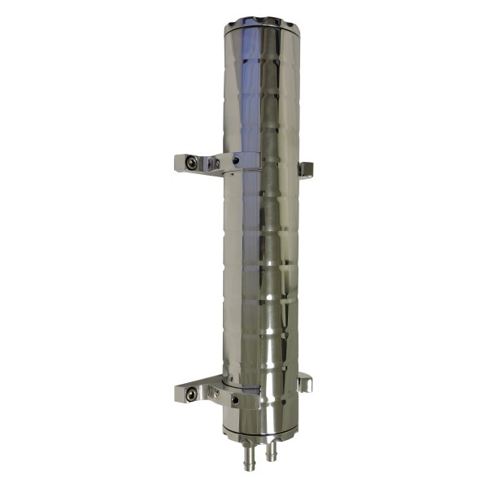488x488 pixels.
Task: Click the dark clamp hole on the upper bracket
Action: pos(235,161)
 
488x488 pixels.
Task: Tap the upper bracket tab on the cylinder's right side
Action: pos(305,169)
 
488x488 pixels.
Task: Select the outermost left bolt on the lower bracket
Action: pos(190,394)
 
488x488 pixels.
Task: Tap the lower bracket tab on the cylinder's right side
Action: pos(305,382)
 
